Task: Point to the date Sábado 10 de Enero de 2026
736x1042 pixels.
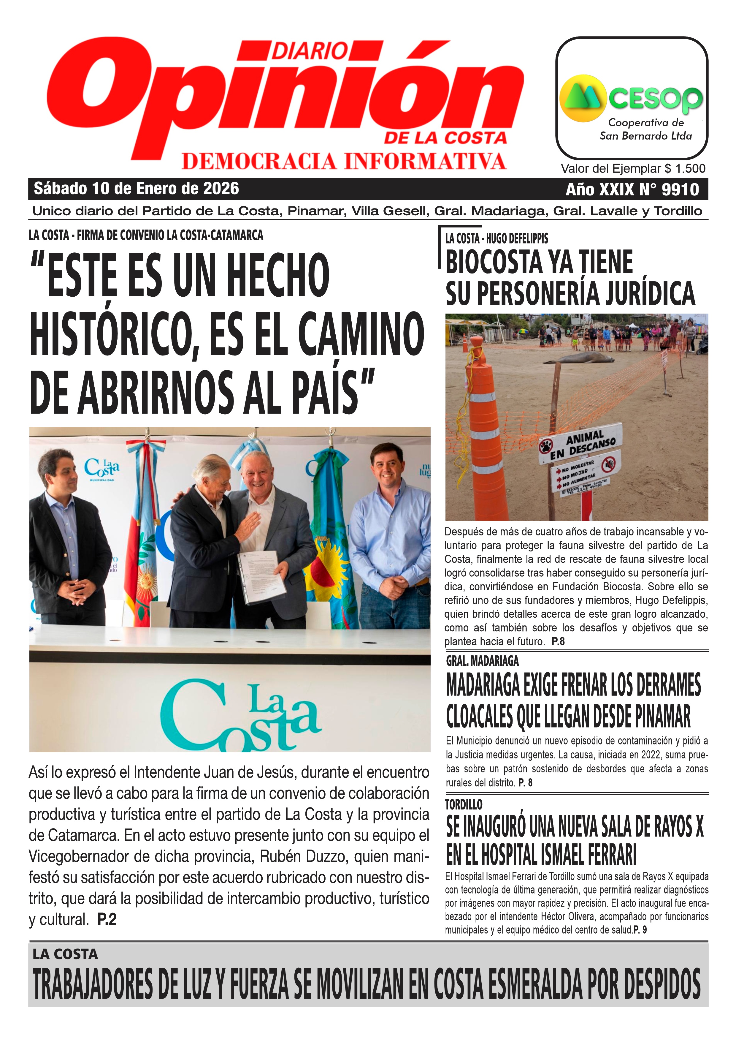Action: (136, 188)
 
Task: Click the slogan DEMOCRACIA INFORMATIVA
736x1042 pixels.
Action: (344, 162)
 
